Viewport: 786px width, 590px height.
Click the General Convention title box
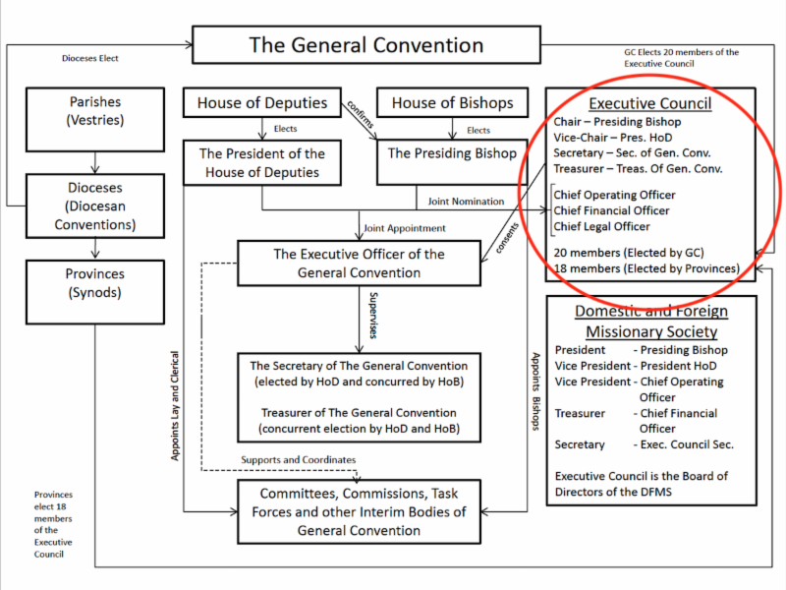(x=365, y=45)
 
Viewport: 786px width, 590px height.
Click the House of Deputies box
(x=260, y=102)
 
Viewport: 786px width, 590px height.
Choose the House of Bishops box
(x=452, y=102)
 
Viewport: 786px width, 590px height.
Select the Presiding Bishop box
(x=452, y=153)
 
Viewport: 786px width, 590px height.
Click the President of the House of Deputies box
(x=260, y=163)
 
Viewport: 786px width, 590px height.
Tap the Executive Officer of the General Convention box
(x=359, y=264)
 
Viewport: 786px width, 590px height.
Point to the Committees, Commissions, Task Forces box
(x=359, y=511)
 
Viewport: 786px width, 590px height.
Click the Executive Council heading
(x=649, y=103)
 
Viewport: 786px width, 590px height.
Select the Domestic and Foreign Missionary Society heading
(x=651, y=322)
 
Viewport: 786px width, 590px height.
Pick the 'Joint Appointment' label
(x=404, y=228)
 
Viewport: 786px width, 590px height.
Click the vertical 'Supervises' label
(x=372, y=315)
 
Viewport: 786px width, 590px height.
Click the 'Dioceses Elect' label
(x=89, y=58)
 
